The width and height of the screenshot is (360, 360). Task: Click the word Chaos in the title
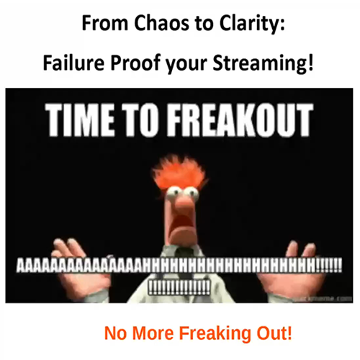pyautogui.click(x=161, y=23)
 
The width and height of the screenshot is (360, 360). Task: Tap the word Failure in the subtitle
pyautogui.click(x=73, y=63)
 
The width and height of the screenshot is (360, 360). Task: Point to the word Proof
pyautogui.click(x=135, y=63)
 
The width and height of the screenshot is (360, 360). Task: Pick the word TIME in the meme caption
pyautogui.click(x=80, y=120)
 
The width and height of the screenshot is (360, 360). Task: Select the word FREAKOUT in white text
pyautogui.click(x=240, y=120)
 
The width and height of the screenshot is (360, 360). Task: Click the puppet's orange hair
pyautogui.click(x=179, y=172)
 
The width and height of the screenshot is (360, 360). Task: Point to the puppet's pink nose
pyautogui.click(x=183, y=203)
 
